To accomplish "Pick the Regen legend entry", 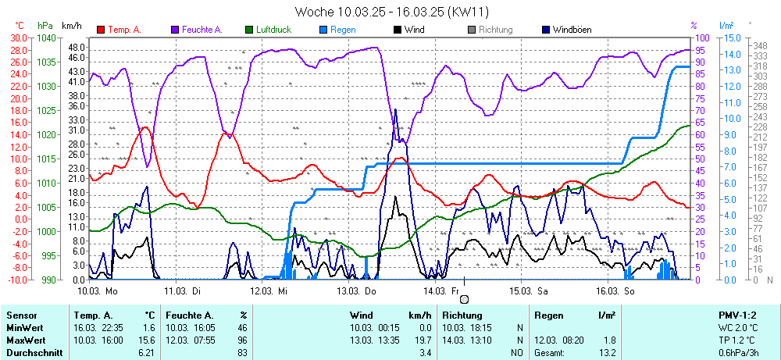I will [x=343, y=30].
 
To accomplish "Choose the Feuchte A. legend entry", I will [x=201, y=30].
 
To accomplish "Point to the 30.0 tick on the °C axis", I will [x=18, y=37].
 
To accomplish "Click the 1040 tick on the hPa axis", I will [x=46, y=37].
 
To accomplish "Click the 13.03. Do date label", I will [x=355, y=290].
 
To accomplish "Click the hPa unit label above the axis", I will [x=45, y=26].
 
